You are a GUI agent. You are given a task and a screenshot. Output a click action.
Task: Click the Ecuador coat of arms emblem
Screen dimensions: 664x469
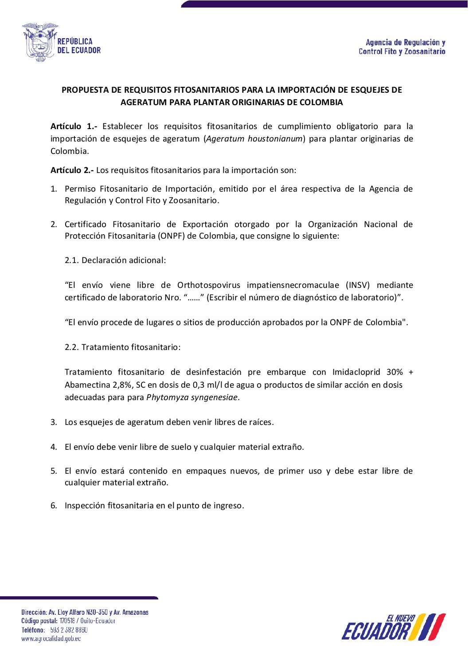point(40,42)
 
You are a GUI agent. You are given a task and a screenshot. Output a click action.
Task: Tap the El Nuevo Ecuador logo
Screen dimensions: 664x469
point(393,627)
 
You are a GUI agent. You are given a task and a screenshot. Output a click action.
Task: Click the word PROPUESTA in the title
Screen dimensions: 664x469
point(85,90)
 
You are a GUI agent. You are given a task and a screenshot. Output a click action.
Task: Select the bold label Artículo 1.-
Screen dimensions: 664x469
point(74,126)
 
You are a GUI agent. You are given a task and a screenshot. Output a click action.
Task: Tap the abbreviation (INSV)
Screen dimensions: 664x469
point(358,285)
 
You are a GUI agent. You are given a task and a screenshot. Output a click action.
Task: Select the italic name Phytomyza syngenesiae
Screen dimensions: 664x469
point(192,397)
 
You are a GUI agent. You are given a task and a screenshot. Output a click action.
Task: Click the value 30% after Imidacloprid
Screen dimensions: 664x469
point(395,372)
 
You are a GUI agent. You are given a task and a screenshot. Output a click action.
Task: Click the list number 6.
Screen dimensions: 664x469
point(54,506)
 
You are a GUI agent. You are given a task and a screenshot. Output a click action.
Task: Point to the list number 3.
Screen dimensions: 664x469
point(54,422)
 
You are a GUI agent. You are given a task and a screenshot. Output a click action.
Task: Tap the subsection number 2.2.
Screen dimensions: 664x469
point(71,347)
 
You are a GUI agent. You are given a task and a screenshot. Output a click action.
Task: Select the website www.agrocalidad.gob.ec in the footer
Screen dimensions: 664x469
point(51,639)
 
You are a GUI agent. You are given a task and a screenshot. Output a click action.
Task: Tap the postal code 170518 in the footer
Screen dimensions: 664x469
point(67,621)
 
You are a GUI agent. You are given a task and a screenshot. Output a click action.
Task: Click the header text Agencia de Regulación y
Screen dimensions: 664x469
point(405,43)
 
